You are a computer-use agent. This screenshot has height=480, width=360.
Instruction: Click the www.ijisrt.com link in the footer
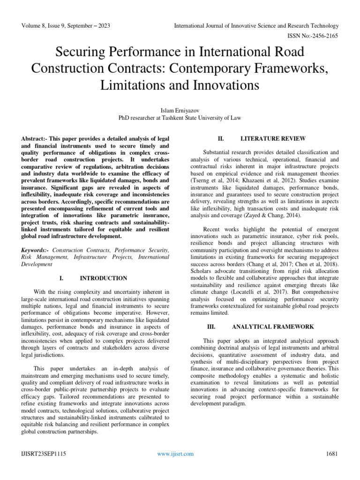pyautogui.click(x=176, y=454)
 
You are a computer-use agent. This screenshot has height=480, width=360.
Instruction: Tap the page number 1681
pyautogui.click(x=331, y=454)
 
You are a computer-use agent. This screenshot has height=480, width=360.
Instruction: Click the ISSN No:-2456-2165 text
pyautogui.click(x=312, y=35)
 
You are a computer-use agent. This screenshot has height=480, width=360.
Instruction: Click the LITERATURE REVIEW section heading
pyautogui.click(x=273, y=139)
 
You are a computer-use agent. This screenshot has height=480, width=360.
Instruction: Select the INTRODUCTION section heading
pyautogui.click(x=104, y=278)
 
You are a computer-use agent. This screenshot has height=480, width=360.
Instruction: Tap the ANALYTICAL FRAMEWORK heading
pyautogui.click(x=273, y=326)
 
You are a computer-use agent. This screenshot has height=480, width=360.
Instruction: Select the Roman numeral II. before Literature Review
pyautogui.click(x=222, y=139)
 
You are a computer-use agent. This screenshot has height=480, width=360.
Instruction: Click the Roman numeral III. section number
pyautogui.click(x=211, y=326)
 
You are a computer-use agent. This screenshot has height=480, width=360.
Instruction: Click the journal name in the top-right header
pyautogui.click(x=256, y=25)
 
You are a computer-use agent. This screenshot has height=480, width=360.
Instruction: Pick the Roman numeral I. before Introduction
pyautogui.click(x=61, y=278)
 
